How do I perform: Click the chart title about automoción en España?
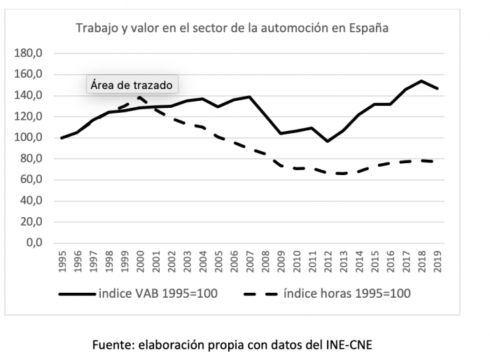tap(232, 29)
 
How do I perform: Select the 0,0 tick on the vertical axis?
tap(34, 244)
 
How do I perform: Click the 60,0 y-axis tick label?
tap(30, 180)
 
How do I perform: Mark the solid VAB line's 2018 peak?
tap(421, 81)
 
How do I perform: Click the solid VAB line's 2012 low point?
tap(328, 141)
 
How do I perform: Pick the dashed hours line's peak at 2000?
tap(140, 97)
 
